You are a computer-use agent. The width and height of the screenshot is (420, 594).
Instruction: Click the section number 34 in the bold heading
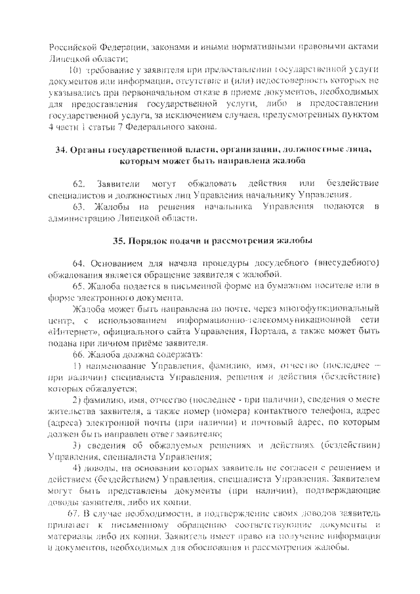(x=61, y=150)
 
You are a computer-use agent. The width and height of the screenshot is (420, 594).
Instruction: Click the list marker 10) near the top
(x=75, y=70)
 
